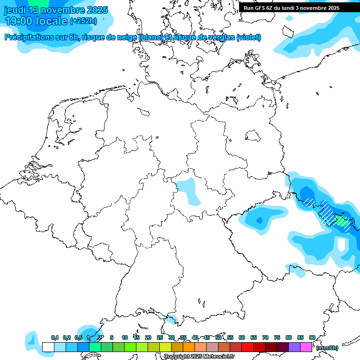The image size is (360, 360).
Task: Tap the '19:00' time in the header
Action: pos(18,21)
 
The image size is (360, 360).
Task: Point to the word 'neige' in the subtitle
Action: pos(127,37)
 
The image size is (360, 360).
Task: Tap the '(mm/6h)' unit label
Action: pos(327,347)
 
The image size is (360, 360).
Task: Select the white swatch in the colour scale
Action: pos(48,347)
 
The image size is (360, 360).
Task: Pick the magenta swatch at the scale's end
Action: pos(306,347)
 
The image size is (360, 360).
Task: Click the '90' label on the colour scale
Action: pos(312,337)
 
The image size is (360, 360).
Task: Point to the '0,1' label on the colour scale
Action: pos(54,337)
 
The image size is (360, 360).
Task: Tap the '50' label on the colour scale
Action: pos(218,337)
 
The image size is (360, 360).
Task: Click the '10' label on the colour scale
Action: pos(125,337)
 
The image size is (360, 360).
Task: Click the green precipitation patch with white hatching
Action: pos(341,221)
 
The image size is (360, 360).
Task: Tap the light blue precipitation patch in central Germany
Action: pos(190,190)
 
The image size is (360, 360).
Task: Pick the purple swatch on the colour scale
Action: pos(294,347)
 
